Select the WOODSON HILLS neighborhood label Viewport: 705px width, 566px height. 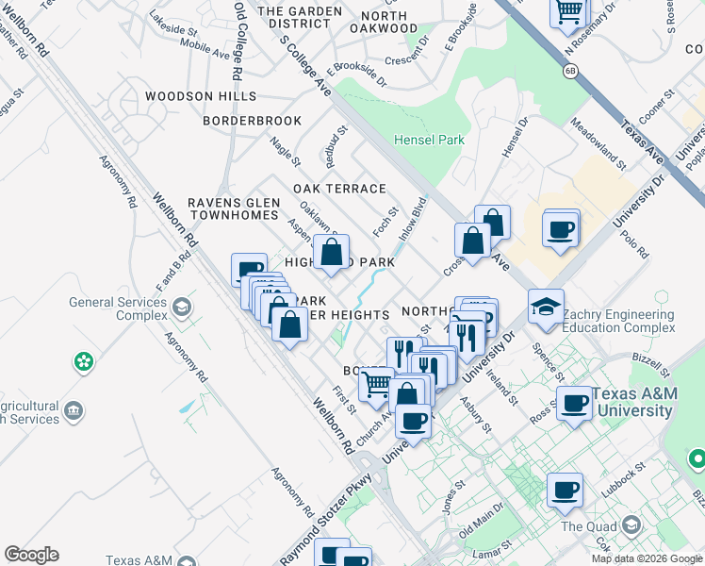[x=200, y=96]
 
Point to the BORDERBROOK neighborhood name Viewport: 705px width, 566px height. [x=253, y=121]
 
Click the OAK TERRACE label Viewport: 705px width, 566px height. [x=339, y=189]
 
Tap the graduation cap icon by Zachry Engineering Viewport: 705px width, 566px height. [x=546, y=308]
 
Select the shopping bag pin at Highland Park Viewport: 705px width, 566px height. [x=331, y=253]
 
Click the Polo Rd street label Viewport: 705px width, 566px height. [x=635, y=243]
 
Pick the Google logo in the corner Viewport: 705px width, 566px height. [x=31, y=555]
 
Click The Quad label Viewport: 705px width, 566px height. [x=586, y=525]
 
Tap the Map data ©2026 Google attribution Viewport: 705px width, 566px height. [x=647, y=558]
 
